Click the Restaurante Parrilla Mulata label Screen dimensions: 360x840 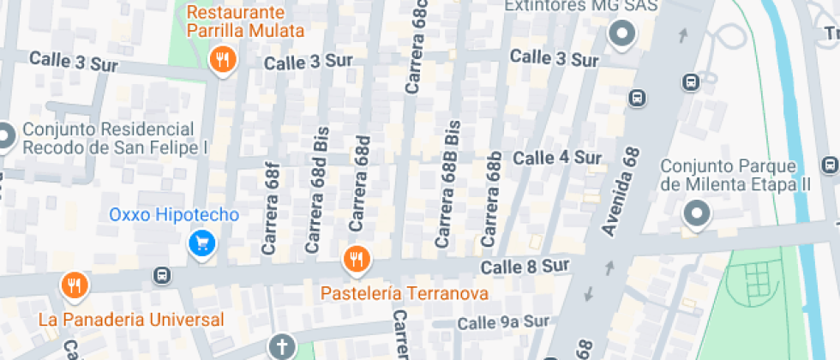pyautogui.click(x=247, y=22)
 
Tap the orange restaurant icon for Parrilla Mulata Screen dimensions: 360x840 pyautogui.click(x=223, y=58)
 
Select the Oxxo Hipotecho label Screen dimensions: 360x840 pyautogui.click(x=174, y=214)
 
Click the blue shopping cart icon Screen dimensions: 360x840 pyautogui.click(x=202, y=243)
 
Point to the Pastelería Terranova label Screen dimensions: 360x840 pyautogui.click(x=405, y=293)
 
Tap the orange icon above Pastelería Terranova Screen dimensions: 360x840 pyautogui.click(x=355, y=258)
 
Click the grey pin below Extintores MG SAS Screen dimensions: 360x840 pyautogui.click(x=621, y=34)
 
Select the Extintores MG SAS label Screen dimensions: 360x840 pyautogui.click(x=581, y=7)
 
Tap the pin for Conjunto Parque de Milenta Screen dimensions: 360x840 pyautogui.click(x=697, y=213)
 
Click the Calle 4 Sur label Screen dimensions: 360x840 pyautogui.click(x=557, y=158)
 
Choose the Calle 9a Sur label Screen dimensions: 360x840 pyautogui.click(x=502, y=322)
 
